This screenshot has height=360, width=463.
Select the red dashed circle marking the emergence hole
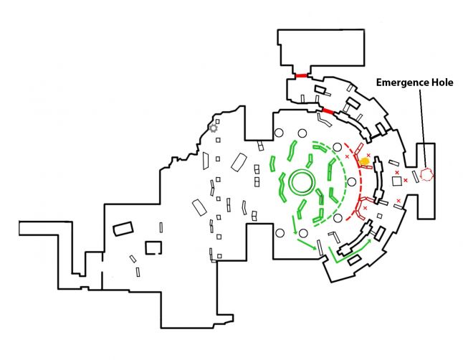pyautogui.click(x=427, y=174)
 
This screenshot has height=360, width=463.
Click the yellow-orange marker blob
pyautogui.click(x=365, y=162)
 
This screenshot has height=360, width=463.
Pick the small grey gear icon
pyautogui.click(x=213, y=128)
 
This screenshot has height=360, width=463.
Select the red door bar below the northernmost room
pyautogui.click(x=301, y=75)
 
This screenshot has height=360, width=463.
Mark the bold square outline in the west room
pyautogui.click(x=153, y=247)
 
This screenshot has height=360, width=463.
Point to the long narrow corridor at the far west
pyautogui.click(x=50, y=229)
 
